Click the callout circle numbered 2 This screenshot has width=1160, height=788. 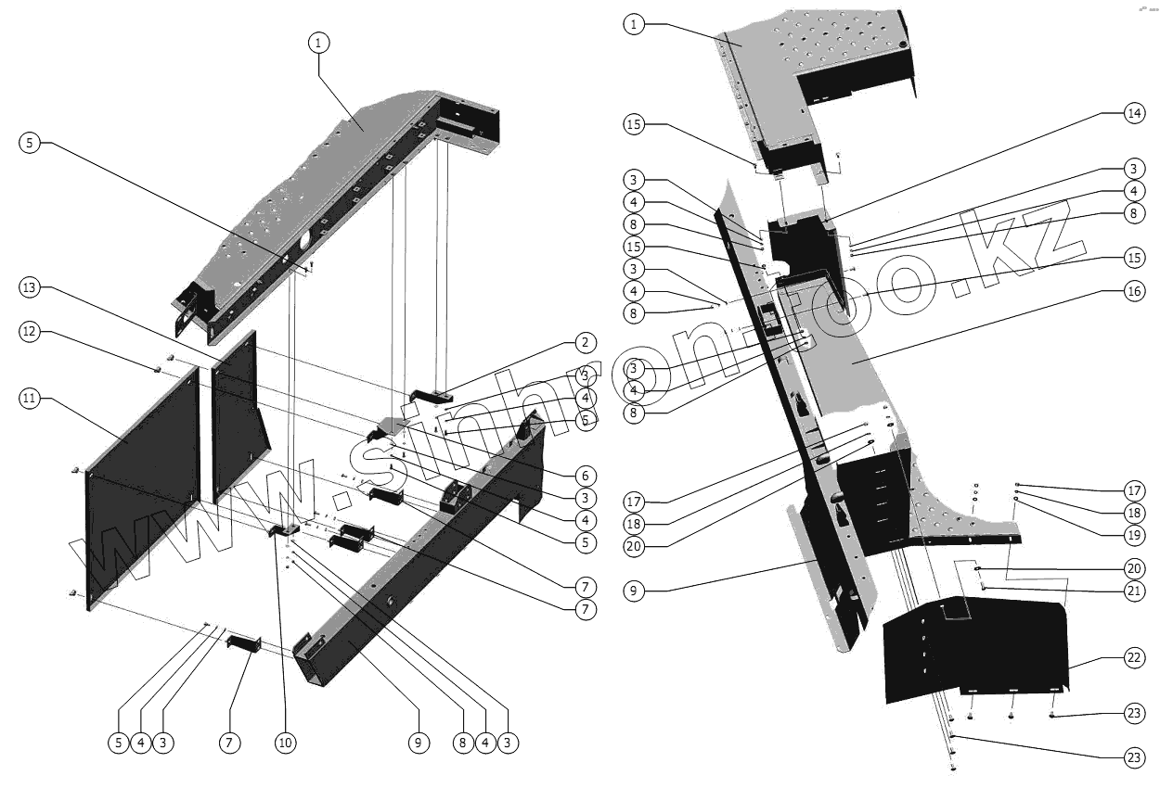tap(584, 343)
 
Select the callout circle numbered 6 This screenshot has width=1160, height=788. tap(584, 472)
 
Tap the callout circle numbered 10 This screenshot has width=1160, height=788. tap(285, 742)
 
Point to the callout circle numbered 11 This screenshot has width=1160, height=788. tap(30, 399)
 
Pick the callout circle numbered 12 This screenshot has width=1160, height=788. tap(30, 332)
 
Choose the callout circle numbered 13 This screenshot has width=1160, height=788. tap(30, 288)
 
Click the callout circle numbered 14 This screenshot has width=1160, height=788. tap(1132, 113)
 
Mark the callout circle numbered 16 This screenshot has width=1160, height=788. tap(1132, 291)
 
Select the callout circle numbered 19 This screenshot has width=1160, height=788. tap(1132, 534)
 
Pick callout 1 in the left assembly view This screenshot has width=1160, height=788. tap(318, 42)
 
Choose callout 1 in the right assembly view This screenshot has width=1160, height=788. tap(634, 24)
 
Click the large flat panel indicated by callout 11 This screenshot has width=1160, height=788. tap(144, 482)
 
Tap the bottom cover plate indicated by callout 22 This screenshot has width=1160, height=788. tap(974, 649)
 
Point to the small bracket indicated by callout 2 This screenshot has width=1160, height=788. tap(430, 396)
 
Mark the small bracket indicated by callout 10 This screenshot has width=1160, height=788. tap(284, 530)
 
